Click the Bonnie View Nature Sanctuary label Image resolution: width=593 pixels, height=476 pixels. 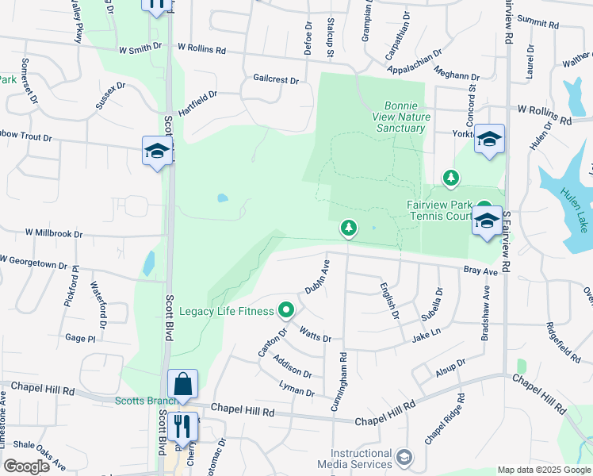click(407, 117)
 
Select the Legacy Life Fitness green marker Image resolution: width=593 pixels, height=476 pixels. click(287, 310)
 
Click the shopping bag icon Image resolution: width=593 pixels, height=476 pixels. click(182, 384)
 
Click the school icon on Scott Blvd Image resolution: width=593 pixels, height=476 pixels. click(157, 151)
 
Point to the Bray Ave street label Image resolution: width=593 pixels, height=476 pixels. click(480, 271)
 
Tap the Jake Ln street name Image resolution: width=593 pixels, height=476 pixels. click(426, 337)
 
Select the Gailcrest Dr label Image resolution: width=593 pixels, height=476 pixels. click(276, 80)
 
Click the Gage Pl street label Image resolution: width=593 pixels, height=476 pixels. click(80, 338)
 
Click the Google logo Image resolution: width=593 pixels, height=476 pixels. click(26, 466)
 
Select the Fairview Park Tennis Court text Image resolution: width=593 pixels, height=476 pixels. click(441, 210)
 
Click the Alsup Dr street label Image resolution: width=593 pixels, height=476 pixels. click(450, 367)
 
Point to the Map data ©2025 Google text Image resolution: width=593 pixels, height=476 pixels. click(543, 470)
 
